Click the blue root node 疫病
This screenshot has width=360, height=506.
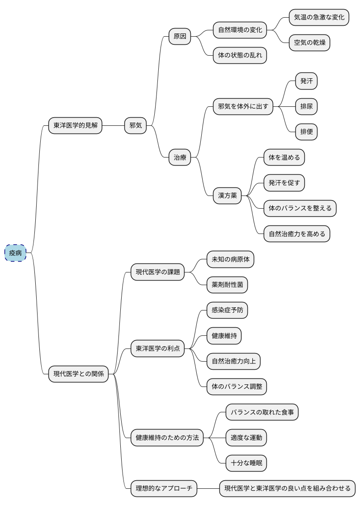pyautogui.click(x=15, y=253)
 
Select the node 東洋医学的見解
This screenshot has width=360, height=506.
pyautogui.click(x=75, y=125)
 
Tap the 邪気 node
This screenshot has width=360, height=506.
pyautogui.click(x=136, y=125)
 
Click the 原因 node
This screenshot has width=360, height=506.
pyautogui.click(x=180, y=37)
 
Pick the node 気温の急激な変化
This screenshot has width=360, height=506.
pyautogui.click(x=319, y=18)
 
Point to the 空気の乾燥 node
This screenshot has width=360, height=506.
pyautogui.click(x=310, y=43)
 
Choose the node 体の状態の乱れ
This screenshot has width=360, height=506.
pyautogui.click(x=240, y=56)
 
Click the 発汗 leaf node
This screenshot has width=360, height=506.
pyautogui.click(x=307, y=81)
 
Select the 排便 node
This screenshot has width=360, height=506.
pyautogui.click(x=307, y=132)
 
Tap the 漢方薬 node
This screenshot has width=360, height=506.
pyautogui.click(x=227, y=196)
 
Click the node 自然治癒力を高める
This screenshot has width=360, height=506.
pyautogui.click(x=297, y=234)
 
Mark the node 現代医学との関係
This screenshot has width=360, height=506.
pyautogui.click(x=78, y=374)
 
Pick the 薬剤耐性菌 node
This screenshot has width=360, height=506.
pyautogui.click(x=227, y=285)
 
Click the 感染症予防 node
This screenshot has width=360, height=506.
pyautogui.click(x=227, y=310)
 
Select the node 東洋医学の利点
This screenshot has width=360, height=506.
pyautogui.click(x=157, y=348)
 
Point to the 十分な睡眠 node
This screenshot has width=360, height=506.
pyautogui.click(x=246, y=463)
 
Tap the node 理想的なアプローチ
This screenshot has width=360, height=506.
pyautogui.click(x=164, y=488)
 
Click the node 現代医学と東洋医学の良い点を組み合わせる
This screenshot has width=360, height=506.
pyautogui.click(x=288, y=488)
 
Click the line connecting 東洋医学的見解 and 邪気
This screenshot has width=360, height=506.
pyautogui.click(x=113, y=125)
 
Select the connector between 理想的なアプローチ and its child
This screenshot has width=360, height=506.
pyautogui.click(x=208, y=488)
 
